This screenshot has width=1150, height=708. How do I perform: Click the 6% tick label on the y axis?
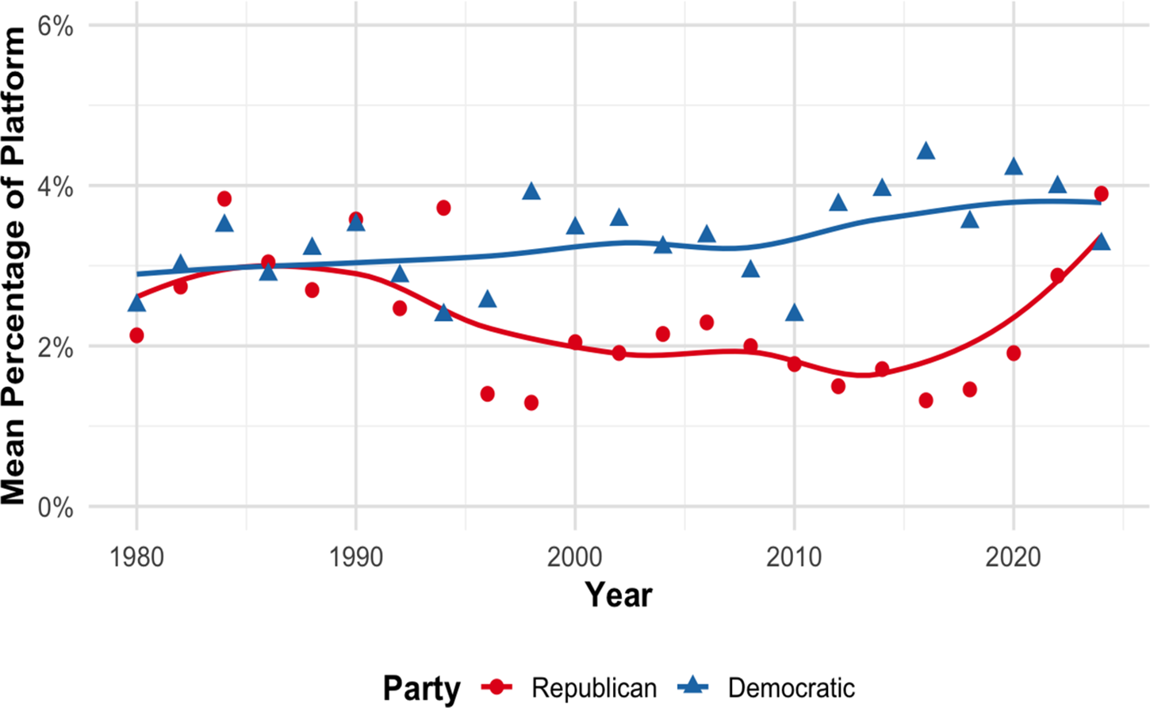pos(56,25)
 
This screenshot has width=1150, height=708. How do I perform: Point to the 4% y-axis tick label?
pos(56,187)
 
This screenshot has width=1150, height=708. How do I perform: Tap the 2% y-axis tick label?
pos(56,347)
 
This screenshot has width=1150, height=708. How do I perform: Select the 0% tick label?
pos(56,507)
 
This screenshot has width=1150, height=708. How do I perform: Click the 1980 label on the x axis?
pos(136,557)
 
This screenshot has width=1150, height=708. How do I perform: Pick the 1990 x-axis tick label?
pos(356,557)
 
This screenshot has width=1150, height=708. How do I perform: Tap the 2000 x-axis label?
pos(574,557)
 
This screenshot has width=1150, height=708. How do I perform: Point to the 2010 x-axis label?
pos(794,557)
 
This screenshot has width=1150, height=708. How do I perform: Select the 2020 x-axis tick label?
pos(1013,557)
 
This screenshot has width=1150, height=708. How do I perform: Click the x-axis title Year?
pos(619,595)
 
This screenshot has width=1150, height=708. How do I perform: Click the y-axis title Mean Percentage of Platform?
pos(13,266)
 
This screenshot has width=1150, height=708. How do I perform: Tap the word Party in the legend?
pos(421,689)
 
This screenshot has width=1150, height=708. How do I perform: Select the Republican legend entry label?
pos(594,688)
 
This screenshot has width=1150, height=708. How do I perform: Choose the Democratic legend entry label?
pos(792,688)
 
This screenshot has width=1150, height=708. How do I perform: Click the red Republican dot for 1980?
pos(136,335)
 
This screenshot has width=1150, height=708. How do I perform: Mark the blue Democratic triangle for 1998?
pos(531,191)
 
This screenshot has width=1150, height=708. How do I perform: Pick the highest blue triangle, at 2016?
pos(926,151)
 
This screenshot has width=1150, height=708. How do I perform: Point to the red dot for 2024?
pos(1101,194)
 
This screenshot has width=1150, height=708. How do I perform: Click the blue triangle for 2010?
pos(794,312)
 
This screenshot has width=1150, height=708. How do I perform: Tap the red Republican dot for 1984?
pos(224,198)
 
